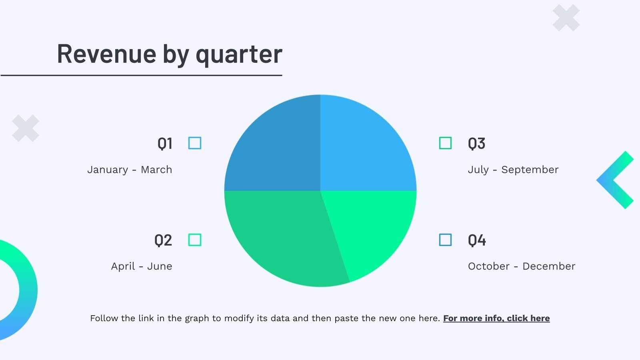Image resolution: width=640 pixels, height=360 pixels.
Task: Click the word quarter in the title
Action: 239,56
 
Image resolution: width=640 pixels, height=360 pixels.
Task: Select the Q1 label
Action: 165,144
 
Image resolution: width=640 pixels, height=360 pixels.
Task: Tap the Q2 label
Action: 163,240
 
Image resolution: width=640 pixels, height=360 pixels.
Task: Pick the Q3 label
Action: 476,144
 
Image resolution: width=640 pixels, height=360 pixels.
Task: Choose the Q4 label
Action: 477,240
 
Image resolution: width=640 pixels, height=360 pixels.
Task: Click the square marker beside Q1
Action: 195,143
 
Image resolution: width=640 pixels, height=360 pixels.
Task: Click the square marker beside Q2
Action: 195,240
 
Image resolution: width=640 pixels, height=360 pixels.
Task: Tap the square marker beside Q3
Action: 446,143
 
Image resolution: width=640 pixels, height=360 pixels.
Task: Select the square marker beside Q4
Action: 446,240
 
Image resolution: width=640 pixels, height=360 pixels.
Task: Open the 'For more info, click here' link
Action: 496,318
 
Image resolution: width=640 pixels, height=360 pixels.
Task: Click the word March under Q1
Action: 156,170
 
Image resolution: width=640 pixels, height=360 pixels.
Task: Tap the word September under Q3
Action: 530,170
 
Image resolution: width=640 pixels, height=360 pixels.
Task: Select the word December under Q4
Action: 549,266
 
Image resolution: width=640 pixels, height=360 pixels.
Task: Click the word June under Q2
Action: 160,266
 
